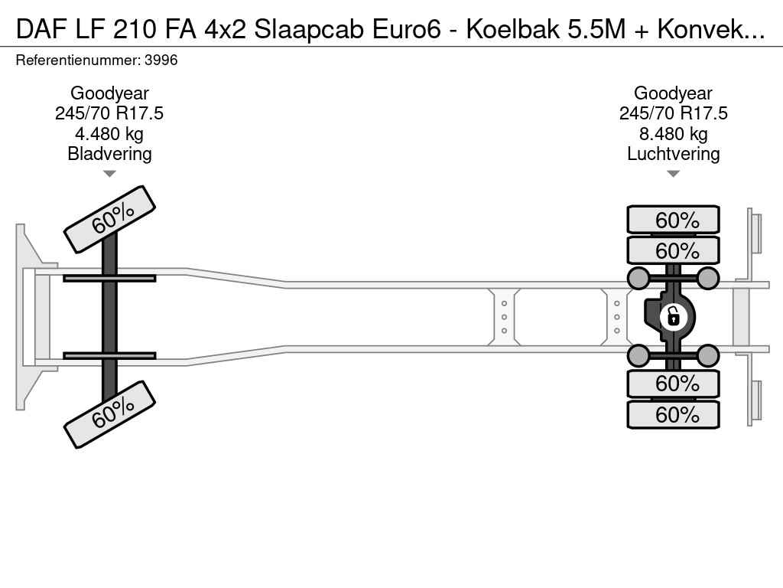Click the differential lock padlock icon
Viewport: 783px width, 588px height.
673,317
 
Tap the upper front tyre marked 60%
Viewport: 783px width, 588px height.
110,220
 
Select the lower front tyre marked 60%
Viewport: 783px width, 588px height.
110,414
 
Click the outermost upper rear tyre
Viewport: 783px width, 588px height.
673,220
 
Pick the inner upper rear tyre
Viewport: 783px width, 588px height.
673,250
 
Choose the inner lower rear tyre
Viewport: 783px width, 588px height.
673,384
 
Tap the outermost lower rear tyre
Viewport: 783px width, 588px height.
673,414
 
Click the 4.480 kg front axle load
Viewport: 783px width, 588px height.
109,134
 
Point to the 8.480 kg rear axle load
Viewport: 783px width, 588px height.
673,134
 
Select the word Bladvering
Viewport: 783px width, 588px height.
109,154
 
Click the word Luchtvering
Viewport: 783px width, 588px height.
673,154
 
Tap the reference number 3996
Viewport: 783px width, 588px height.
161,60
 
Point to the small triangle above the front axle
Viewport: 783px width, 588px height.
109,174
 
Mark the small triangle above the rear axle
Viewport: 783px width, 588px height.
673,174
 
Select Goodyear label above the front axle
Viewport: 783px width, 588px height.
109,93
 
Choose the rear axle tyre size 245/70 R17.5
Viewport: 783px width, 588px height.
673,113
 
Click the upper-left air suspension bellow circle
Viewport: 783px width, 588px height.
638,278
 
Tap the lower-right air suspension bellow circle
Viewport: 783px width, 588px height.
707,355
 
